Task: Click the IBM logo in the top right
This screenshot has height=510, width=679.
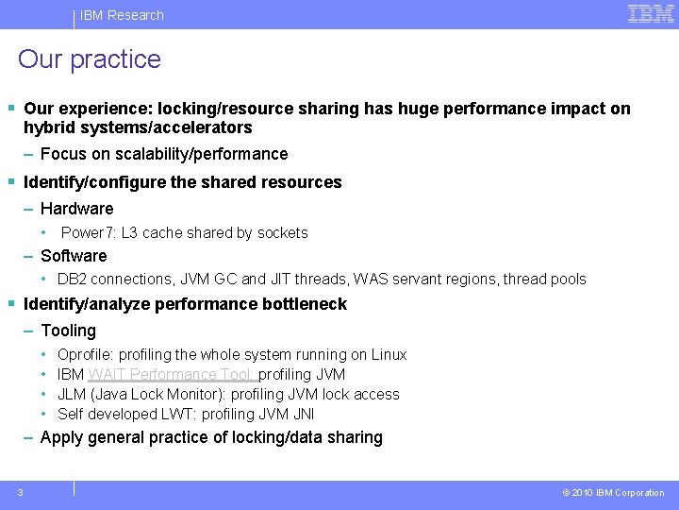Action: point(651,13)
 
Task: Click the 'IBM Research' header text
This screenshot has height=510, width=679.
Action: point(122,15)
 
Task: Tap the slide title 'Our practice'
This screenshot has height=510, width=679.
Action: point(90,59)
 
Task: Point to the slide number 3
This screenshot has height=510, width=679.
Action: point(20,491)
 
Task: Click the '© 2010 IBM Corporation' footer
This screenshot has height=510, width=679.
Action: point(613,492)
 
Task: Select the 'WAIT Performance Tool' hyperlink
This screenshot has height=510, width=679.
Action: point(172,374)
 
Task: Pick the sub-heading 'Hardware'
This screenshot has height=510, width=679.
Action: point(76,209)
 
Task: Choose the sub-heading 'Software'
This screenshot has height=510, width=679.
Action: point(74,256)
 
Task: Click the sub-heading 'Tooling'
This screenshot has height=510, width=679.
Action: point(68,331)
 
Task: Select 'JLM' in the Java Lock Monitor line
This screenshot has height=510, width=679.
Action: point(73,394)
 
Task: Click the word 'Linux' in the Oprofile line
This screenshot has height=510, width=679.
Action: point(389,355)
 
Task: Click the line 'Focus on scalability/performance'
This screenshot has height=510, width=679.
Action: point(164,154)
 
